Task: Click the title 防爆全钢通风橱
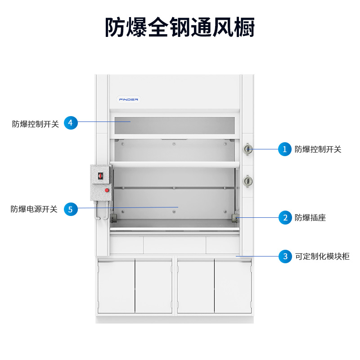point(180,27)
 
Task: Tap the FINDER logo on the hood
point(129,99)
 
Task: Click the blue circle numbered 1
point(285,149)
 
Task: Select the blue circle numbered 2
point(285,217)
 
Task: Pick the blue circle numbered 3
point(285,256)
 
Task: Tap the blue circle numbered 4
point(71,122)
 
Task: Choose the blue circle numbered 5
point(71,209)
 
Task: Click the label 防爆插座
point(310,218)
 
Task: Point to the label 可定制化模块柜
point(322,256)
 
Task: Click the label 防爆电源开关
point(34,209)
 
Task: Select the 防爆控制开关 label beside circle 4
point(36,124)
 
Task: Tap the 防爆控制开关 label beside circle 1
point(318,149)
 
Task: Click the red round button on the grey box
point(107,190)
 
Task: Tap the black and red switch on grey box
point(100,176)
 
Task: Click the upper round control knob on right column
point(247,149)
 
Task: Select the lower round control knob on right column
point(247,181)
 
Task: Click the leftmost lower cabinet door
point(116,286)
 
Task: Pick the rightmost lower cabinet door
point(233,286)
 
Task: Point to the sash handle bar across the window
point(175,164)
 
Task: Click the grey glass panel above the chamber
point(175,126)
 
